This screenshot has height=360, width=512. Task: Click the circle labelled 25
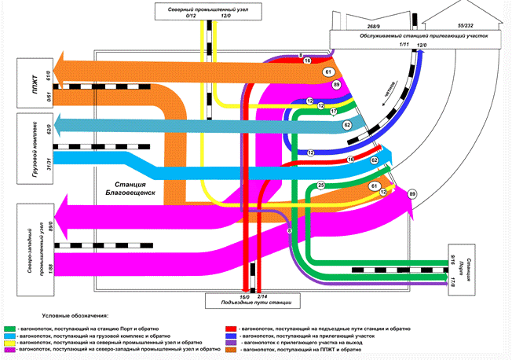[320, 186]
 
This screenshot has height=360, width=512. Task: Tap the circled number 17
[332, 112]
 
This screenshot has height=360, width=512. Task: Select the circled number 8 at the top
[301, 56]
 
